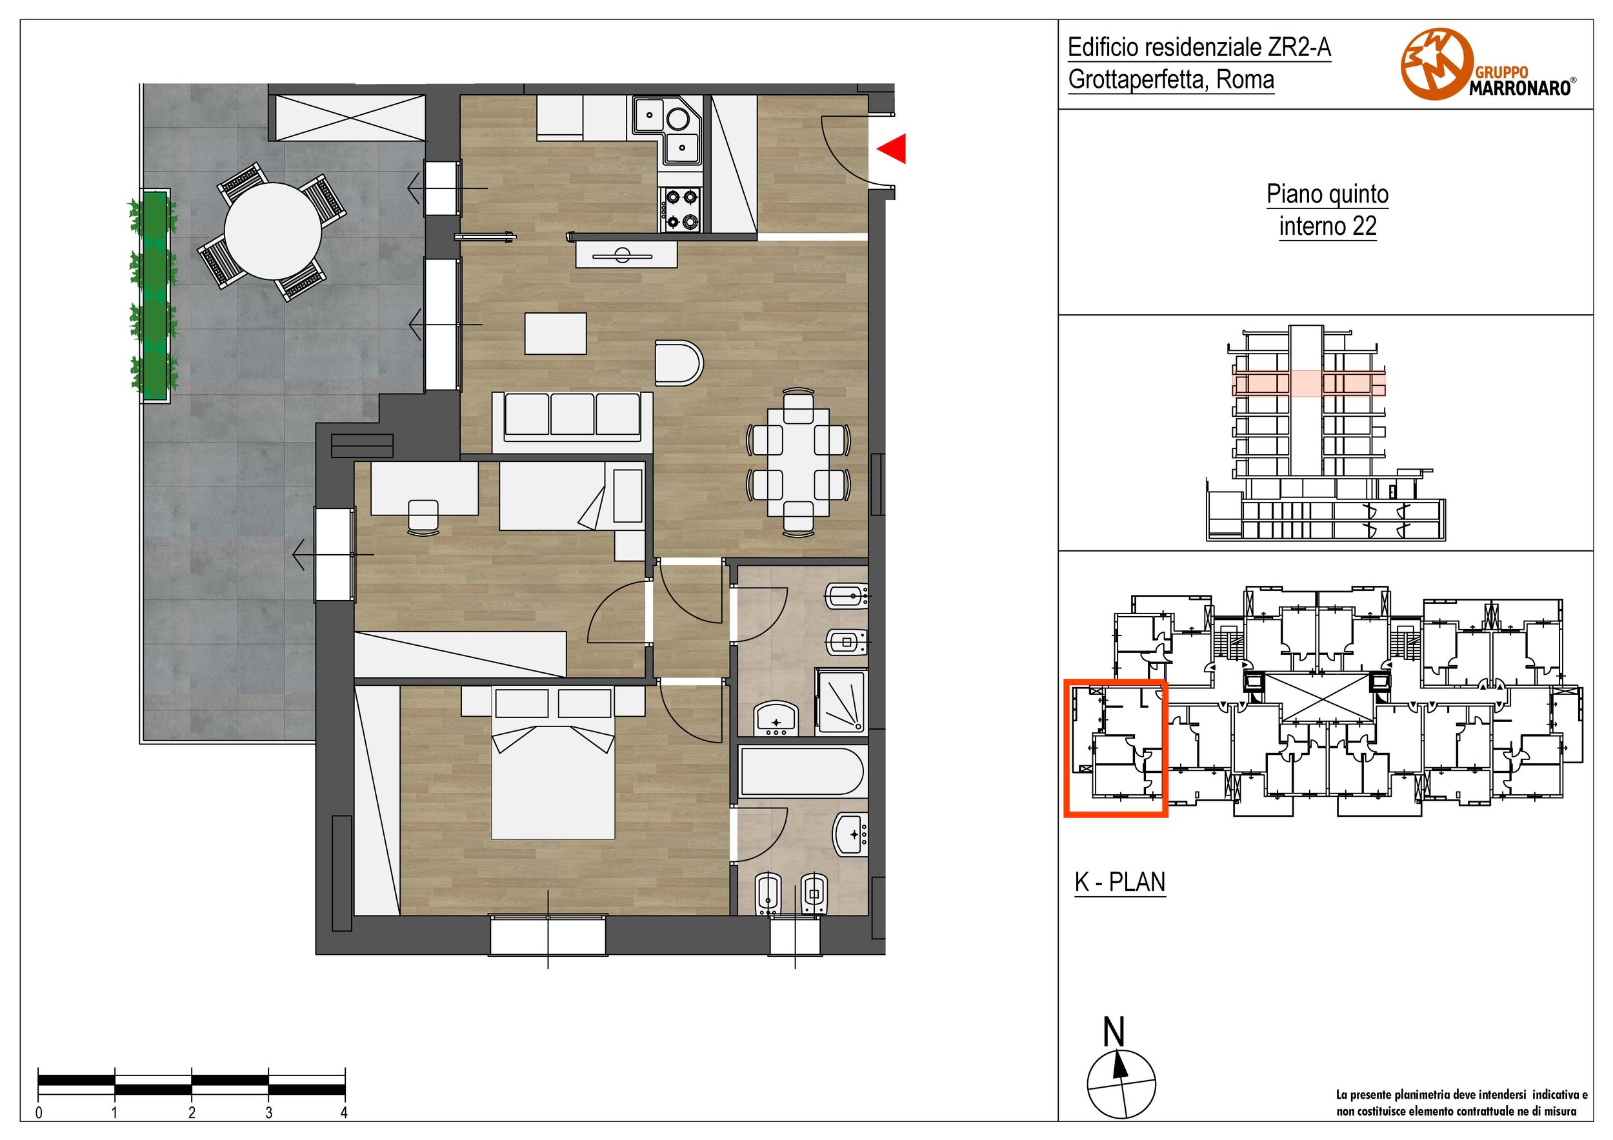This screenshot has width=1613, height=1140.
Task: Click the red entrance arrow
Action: tap(893, 148)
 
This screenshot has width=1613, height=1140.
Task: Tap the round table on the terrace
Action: tap(272, 231)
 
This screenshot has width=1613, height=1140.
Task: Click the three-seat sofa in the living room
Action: tap(572, 417)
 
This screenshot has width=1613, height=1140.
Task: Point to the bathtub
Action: tap(802, 771)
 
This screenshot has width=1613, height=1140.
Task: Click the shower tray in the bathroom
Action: tap(840, 702)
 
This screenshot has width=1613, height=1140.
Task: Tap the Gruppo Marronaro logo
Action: tap(1488, 64)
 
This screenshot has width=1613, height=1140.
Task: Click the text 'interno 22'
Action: tap(1327, 226)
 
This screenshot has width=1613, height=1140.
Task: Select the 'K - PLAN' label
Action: tap(1120, 881)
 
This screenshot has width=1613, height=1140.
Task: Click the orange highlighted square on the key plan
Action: tap(1116, 749)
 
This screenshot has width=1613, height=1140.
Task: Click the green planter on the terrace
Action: tap(155, 295)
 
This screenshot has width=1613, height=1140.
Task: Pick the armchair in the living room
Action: tap(679, 363)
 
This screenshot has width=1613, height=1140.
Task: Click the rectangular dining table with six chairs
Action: tap(798, 462)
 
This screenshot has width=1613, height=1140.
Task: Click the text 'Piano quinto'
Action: tap(1327, 194)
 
